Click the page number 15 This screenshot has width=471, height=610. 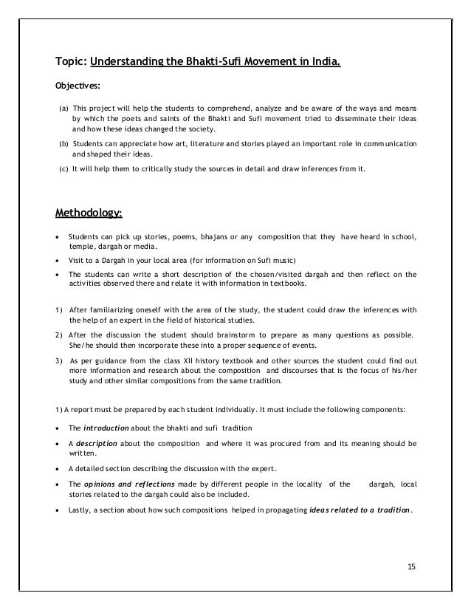(x=412, y=566)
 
